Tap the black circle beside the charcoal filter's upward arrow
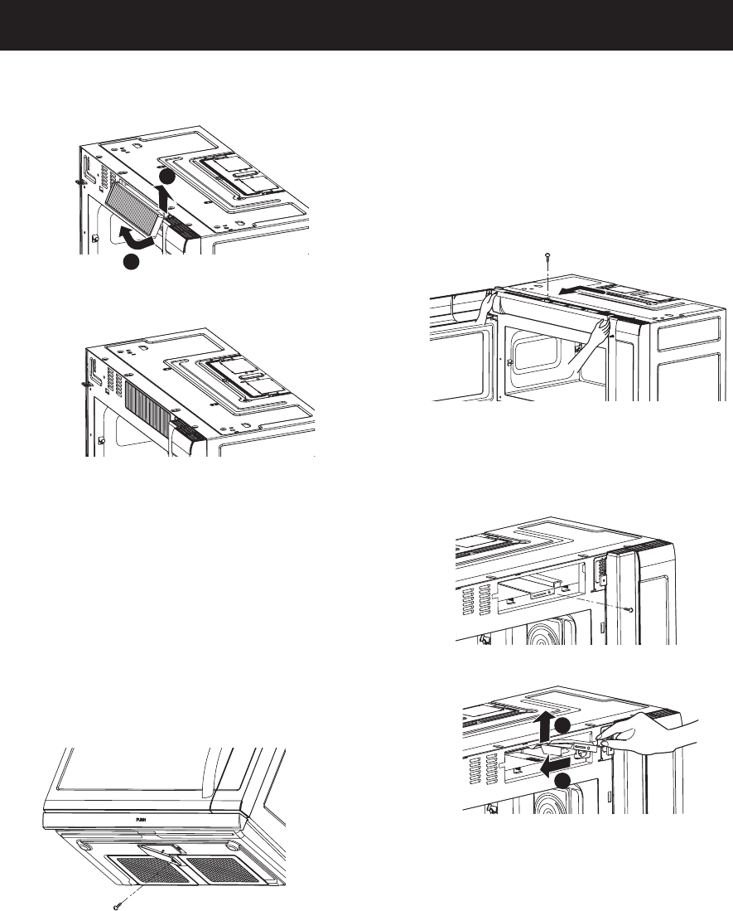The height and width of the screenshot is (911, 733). pyautogui.click(x=166, y=177)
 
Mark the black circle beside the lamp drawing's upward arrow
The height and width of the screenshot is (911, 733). pyautogui.click(x=562, y=726)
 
